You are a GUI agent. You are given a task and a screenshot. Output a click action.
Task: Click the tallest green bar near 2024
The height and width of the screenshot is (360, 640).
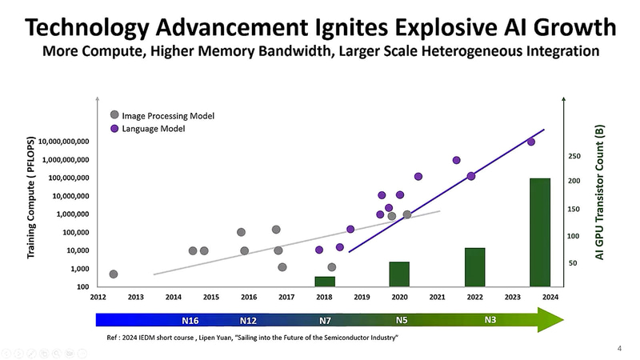540,232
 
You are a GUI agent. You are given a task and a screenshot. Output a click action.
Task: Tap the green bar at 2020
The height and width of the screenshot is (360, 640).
399,274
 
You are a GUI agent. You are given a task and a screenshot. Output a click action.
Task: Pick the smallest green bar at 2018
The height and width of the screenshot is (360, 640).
325,281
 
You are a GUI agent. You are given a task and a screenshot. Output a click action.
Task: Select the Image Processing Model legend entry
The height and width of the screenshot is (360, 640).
162,115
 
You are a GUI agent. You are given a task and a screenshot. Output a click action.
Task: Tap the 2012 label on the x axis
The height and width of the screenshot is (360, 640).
98,297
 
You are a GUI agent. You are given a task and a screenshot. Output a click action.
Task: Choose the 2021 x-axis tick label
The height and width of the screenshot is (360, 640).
437,297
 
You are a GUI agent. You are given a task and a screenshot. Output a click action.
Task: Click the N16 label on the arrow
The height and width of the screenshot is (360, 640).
190,321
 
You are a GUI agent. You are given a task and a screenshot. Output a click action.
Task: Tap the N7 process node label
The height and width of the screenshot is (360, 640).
325,321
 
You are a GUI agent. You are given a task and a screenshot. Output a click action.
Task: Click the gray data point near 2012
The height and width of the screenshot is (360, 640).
114,274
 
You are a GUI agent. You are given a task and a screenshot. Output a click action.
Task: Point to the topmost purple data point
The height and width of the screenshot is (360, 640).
530,142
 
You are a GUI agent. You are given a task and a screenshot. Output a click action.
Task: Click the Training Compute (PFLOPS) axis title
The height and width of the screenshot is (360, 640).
31,206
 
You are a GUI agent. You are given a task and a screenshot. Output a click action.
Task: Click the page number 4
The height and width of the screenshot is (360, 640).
620,348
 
